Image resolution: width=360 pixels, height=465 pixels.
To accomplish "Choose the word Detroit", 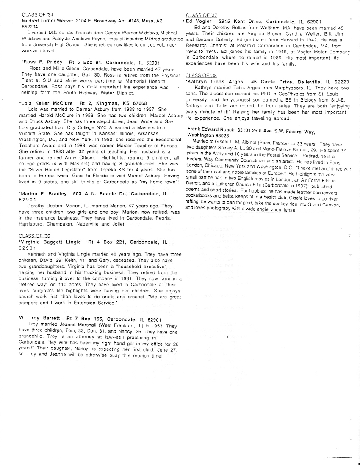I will pyautogui.click(x=195, y=181).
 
